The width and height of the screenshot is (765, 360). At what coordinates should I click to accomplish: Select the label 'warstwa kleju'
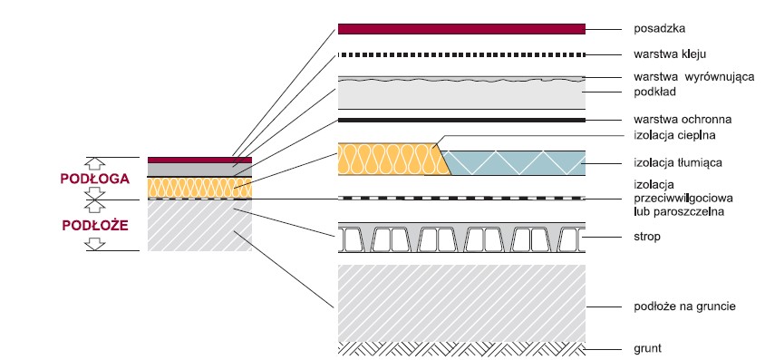click(x=669, y=54)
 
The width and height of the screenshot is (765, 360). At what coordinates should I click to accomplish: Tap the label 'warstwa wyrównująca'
click(x=693, y=77)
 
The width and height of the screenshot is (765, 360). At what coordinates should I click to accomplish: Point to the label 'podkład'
click(x=654, y=92)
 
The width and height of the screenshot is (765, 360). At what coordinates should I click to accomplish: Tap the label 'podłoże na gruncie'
click(x=684, y=306)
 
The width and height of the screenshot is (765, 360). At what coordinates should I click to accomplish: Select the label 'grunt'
click(x=648, y=349)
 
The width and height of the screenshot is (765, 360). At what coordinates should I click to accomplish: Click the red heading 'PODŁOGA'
click(x=95, y=179)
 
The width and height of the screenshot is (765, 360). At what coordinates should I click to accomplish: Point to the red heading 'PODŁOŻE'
click(x=95, y=226)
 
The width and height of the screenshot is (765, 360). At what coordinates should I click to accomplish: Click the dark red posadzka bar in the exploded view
click(x=461, y=29)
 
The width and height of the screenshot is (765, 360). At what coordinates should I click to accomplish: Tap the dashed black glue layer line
click(x=461, y=54)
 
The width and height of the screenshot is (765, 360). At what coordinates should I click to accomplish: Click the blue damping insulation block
click(x=514, y=163)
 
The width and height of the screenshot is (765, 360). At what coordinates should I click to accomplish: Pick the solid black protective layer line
click(x=461, y=120)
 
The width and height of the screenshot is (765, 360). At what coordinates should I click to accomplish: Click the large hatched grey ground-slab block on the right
click(x=461, y=304)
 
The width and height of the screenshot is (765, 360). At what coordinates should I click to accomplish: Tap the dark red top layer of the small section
click(x=200, y=160)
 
